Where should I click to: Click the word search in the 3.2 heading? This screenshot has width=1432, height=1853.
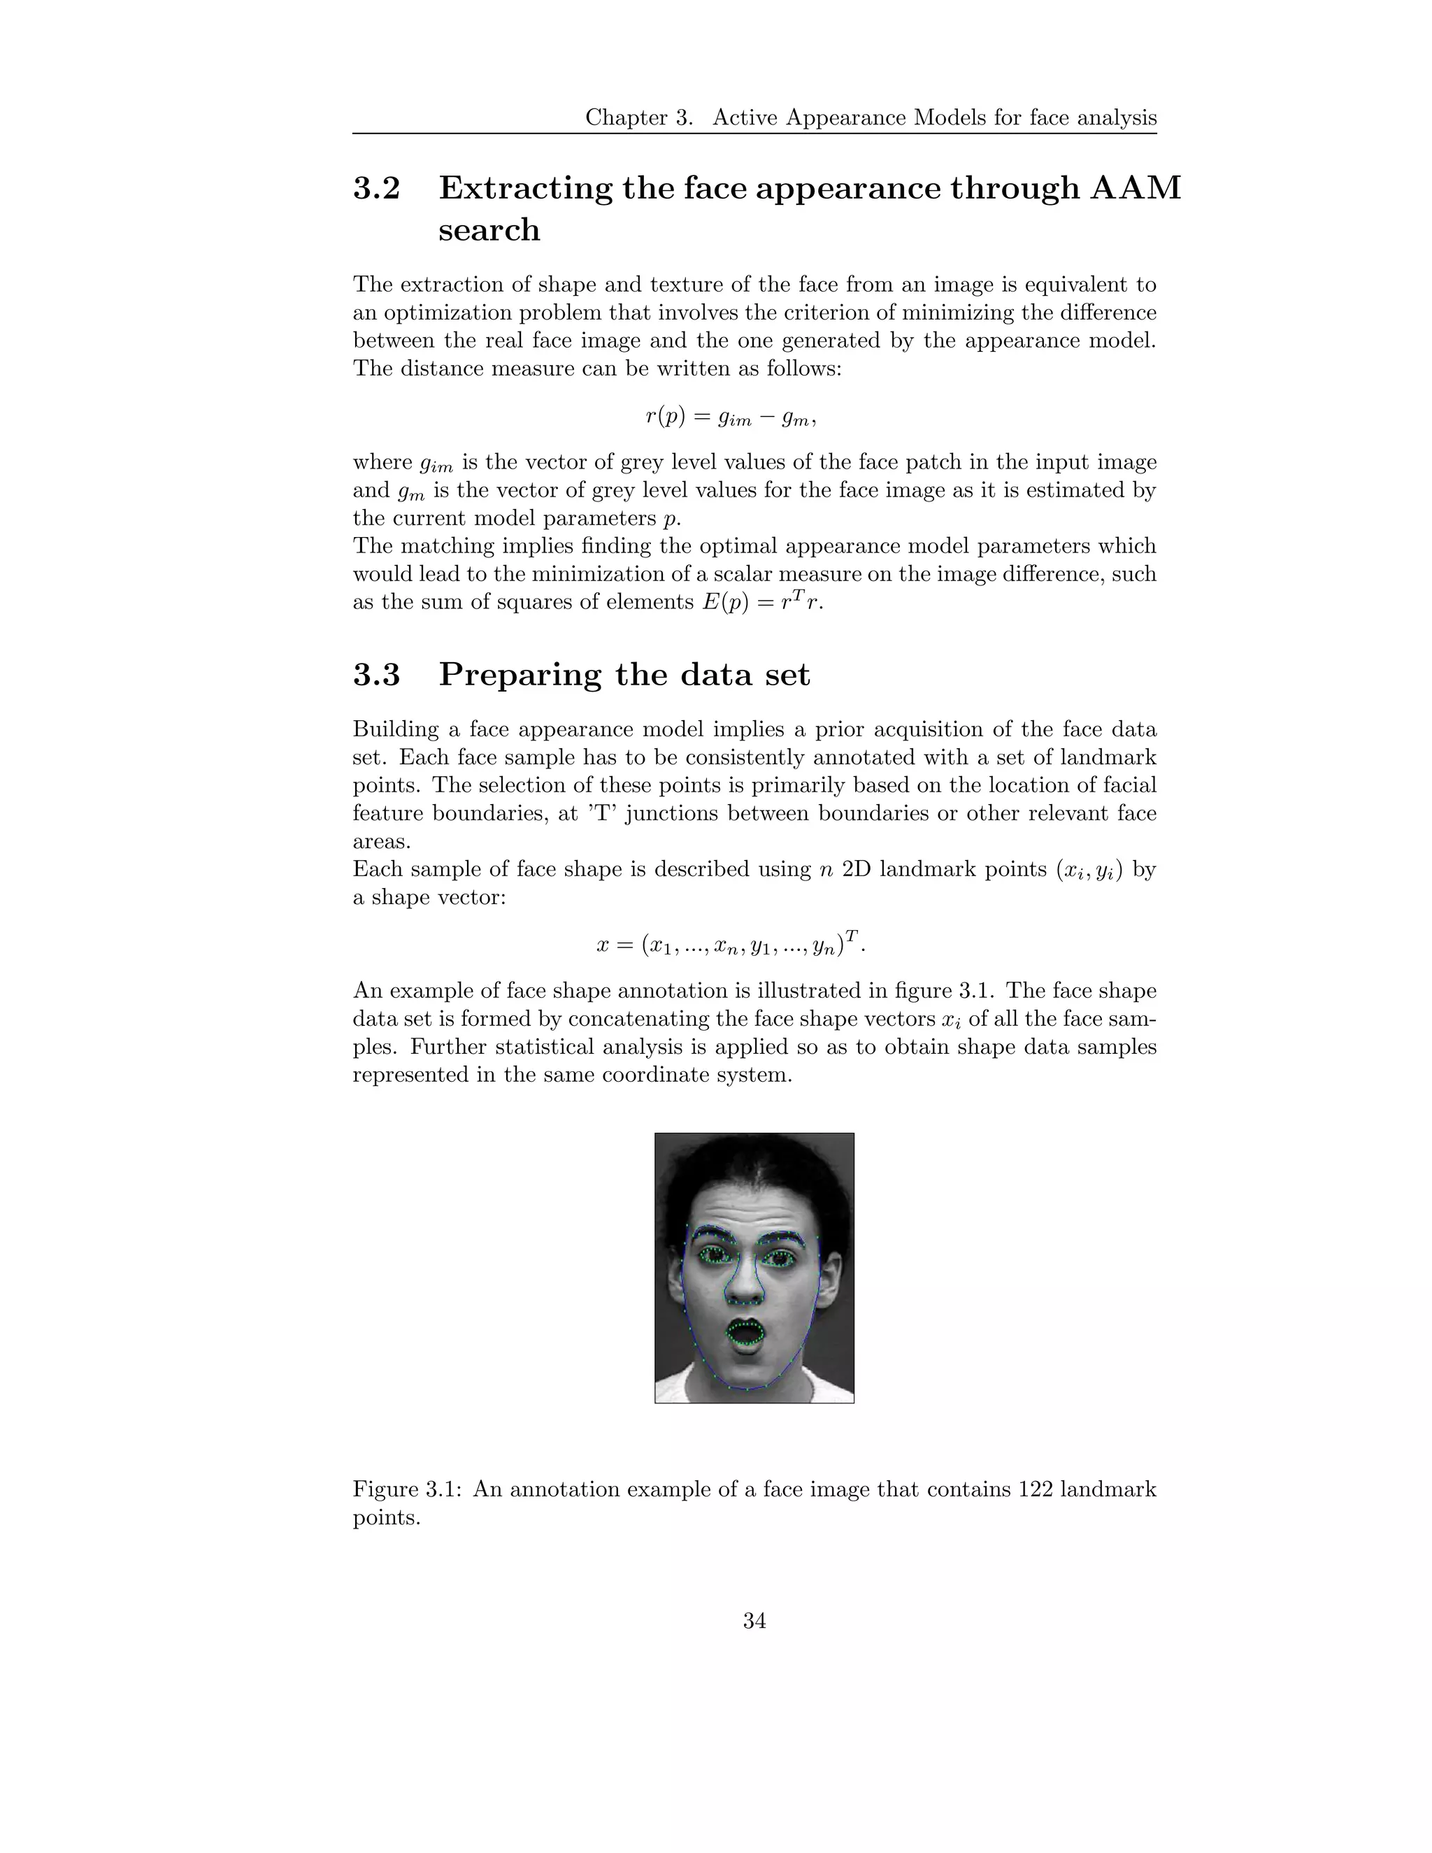tap(489, 230)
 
